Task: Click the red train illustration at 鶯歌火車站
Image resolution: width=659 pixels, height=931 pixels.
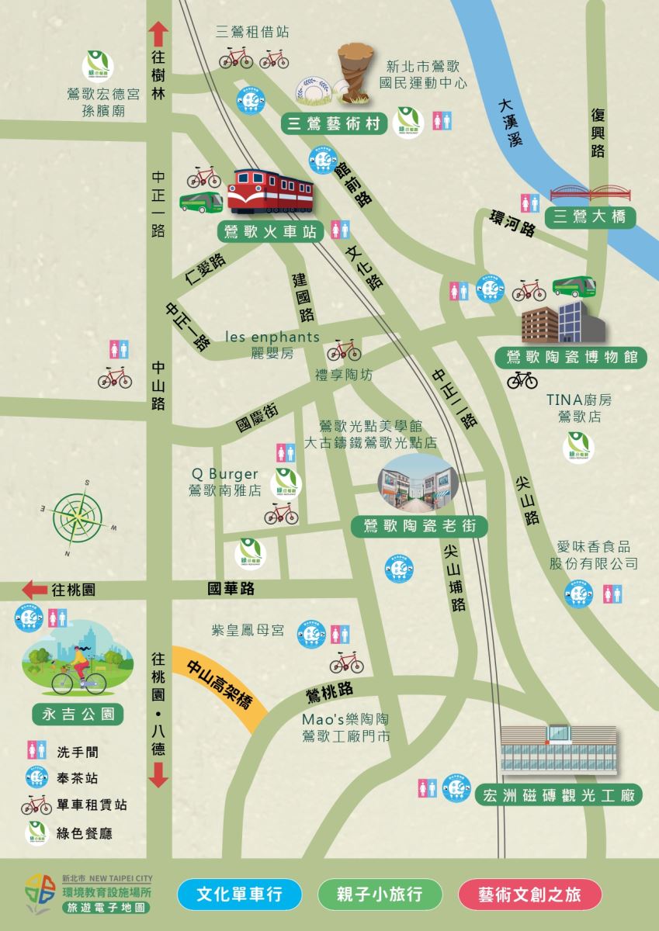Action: click(x=269, y=191)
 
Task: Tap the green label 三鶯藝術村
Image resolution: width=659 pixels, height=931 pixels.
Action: click(x=334, y=123)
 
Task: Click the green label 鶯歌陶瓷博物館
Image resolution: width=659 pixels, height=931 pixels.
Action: click(x=571, y=358)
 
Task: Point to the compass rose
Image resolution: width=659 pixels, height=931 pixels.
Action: click(x=78, y=514)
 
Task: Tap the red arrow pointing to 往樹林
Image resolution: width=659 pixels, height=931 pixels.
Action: click(x=158, y=34)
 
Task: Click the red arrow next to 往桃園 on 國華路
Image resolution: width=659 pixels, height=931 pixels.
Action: click(x=34, y=589)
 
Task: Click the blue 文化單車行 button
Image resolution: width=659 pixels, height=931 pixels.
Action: click(x=239, y=895)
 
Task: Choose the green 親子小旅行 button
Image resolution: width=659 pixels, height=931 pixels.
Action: click(x=380, y=895)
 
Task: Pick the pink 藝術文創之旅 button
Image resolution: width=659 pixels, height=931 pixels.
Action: click(x=530, y=895)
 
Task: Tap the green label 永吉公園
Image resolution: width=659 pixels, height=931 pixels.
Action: click(x=78, y=713)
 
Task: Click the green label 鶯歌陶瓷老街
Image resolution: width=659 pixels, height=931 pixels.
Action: click(x=418, y=527)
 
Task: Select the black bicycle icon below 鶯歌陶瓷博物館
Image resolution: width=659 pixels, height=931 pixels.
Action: click(x=522, y=379)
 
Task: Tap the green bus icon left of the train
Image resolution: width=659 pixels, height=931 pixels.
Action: click(x=202, y=202)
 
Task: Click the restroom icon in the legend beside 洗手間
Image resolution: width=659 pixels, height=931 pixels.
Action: click(x=36, y=751)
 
